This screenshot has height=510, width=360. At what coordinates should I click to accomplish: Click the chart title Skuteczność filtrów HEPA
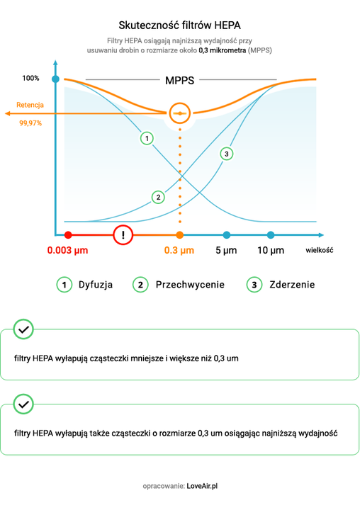[x=180, y=25]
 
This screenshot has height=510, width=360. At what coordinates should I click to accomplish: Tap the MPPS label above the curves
[x=180, y=80]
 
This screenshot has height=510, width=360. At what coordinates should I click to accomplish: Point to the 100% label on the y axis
[x=31, y=78]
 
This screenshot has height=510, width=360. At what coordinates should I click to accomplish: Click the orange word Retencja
[x=30, y=105]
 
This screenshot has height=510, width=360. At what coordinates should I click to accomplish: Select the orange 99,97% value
[x=30, y=123]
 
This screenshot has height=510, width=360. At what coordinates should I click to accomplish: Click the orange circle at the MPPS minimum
[x=180, y=113]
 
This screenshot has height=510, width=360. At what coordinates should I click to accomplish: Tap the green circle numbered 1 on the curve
[x=147, y=138]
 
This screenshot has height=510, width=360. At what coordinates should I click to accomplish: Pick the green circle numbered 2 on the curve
[x=158, y=196]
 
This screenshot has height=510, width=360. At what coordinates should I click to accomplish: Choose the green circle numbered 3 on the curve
[x=226, y=154]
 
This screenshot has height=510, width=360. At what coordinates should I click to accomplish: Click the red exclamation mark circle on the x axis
[x=123, y=234]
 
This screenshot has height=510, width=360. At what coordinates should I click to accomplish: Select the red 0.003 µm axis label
[x=67, y=251]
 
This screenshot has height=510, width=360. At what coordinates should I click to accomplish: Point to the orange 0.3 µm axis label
[x=179, y=251]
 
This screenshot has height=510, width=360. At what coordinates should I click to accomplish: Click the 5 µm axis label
[x=226, y=251]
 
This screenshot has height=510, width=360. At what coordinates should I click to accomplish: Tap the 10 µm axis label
[x=271, y=251]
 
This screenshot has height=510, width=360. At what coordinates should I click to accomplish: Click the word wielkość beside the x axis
[x=320, y=250]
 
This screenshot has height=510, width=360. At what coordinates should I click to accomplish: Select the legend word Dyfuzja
[x=95, y=285]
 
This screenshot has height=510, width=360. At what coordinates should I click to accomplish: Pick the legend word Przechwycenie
[x=190, y=285]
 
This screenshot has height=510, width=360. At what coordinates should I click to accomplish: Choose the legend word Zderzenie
[x=292, y=285]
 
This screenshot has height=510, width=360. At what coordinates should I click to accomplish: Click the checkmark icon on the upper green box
[x=24, y=330]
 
